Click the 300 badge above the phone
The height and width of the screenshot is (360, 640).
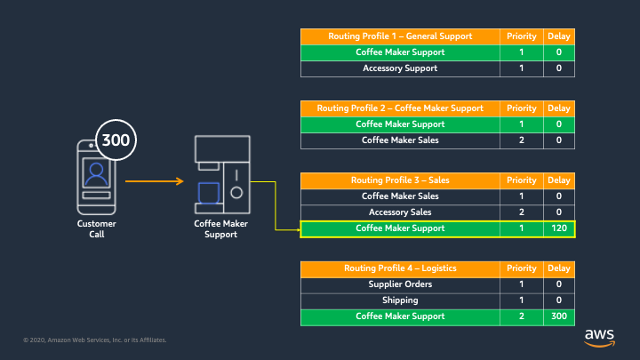(x=116, y=140)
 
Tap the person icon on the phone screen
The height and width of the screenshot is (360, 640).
(x=96, y=174)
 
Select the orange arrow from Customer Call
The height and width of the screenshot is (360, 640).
(x=155, y=180)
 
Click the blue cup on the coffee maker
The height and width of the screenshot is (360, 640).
(x=209, y=193)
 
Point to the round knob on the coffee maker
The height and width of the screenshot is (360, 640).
(x=236, y=193)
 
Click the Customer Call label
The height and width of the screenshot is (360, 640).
(x=97, y=229)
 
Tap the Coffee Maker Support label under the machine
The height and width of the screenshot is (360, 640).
(x=220, y=229)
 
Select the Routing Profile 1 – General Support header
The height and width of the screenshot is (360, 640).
(x=400, y=36)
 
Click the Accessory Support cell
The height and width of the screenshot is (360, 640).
(x=400, y=68)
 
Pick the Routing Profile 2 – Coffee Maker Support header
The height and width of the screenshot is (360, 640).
(x=400, y=108)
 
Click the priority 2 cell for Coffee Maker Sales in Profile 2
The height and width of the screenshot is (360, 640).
(x=521, y=140)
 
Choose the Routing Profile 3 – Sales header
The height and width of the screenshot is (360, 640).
(x=400, y=180)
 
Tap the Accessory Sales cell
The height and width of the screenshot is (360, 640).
(x=400, y=212)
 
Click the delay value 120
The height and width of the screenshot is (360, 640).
(x=559, y=228)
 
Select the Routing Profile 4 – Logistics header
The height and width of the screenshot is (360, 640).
(x=400, y=268)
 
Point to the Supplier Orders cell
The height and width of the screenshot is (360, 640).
(x=400, y=284)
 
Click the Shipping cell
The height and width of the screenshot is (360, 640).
(x=400, y=300)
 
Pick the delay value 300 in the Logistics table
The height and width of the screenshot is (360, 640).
(x=559, y=316)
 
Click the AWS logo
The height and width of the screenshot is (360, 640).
(x=599, y=338)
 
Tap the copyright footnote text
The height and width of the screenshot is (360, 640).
(x=95, y=340)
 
